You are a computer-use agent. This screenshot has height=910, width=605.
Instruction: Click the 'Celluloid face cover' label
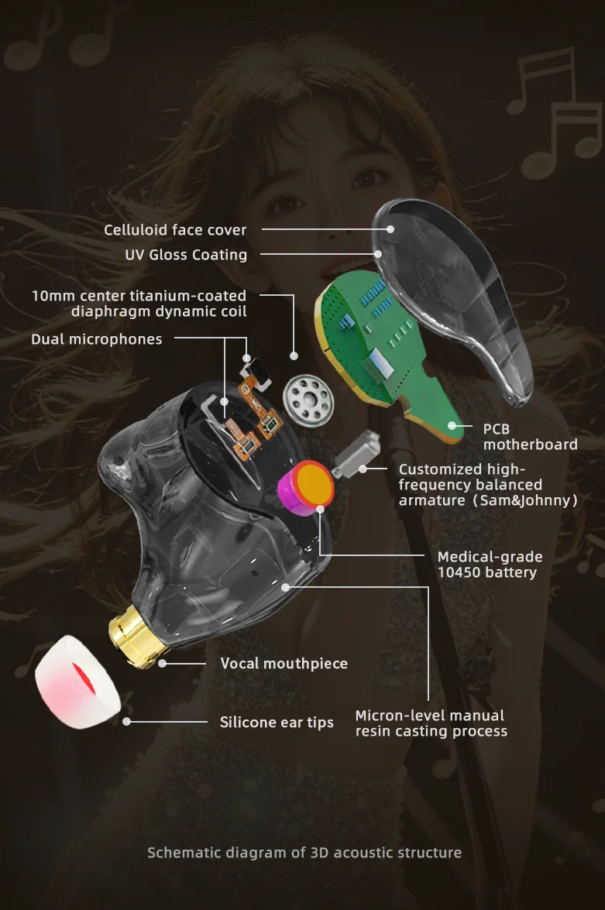tap(175, 230)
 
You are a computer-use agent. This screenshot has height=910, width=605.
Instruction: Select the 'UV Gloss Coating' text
tap(186, 255)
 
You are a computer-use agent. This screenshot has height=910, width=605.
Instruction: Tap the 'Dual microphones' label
tap(97, 339)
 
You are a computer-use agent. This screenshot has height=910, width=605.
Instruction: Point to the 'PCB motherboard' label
tap(530, 437)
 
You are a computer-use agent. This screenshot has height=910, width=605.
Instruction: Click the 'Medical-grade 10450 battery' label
tap(490, 565)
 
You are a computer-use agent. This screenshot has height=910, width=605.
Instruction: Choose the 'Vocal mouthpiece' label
tap(284, 664)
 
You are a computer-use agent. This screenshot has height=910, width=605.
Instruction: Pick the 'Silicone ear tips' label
tap(277, 723)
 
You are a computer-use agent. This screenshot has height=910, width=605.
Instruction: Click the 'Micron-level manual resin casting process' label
tap(431, 723)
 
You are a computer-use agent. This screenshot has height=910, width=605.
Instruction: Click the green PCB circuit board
tap(372, 341)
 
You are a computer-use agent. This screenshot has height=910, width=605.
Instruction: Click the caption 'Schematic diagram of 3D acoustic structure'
tap(304, 853)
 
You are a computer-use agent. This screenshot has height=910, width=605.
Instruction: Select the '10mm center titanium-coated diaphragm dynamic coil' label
tap(139, 304)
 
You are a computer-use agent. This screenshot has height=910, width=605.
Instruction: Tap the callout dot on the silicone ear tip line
tap(126, 722)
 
